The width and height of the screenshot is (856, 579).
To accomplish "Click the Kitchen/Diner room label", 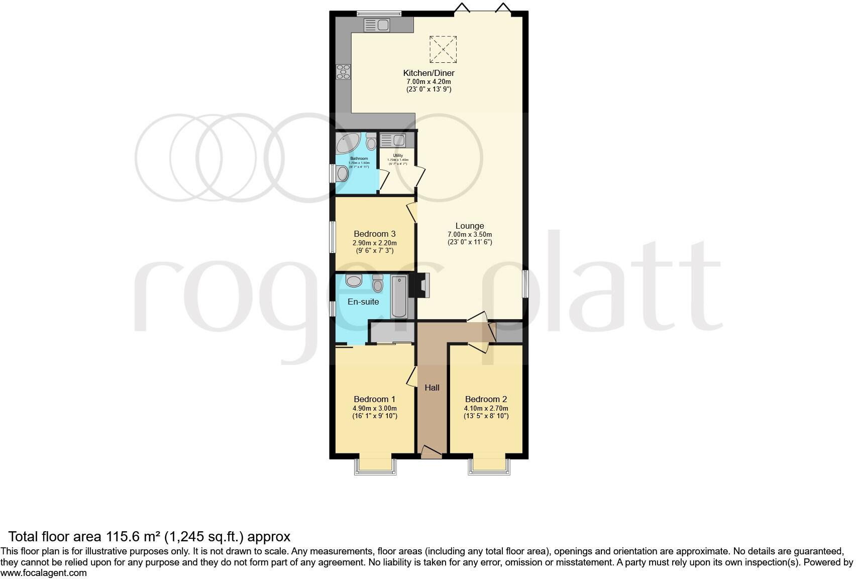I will pos(429,73).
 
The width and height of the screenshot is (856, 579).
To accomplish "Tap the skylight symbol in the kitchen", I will pos(443,49).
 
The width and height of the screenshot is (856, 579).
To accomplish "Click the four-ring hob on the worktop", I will pos(343,72).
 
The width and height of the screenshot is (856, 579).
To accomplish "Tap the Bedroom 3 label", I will pos(374,234).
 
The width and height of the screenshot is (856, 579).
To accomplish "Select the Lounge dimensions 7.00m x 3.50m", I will pos(469,234).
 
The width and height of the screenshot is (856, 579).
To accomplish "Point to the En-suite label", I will pos(363,302).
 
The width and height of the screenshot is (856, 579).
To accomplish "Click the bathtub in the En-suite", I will pos(399,297).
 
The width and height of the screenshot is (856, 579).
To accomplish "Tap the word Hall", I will pos(432,388).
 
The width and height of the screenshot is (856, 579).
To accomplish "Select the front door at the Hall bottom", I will pos(431,452).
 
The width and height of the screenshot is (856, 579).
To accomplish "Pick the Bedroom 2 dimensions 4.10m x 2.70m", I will pos(486,408).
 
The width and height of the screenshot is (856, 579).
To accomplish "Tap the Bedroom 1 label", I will pos(374,400).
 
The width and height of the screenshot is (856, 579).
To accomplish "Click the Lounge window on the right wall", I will pos(525,284).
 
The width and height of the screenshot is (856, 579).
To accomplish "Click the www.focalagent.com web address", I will pos(44,572).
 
